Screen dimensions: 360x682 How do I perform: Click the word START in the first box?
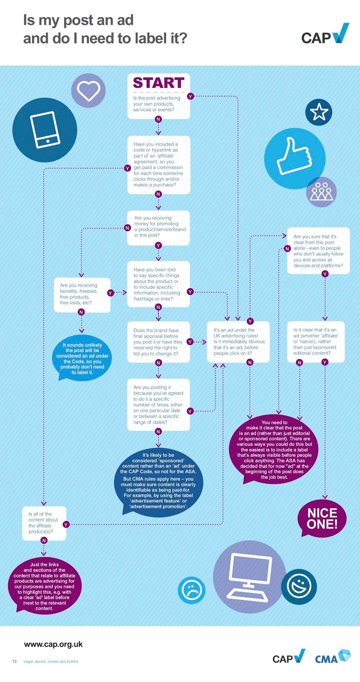tap(158, 83)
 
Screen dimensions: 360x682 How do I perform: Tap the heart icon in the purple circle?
tap(88, 90)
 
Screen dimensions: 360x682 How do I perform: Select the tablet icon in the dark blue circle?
tap(45, 130)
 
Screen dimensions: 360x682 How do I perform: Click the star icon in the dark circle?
tap(319, 112)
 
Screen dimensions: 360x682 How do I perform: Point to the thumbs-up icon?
tap(293, 157)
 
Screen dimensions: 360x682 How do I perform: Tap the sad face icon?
tap(192, 590)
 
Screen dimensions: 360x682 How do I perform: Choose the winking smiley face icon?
tap(299, 587)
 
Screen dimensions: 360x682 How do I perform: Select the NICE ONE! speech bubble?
tap(322, 518)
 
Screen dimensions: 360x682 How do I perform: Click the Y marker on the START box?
tap(190, 96)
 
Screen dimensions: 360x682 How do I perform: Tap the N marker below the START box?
tap(158, 119)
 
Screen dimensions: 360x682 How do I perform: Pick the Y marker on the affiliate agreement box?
tap(127, 168)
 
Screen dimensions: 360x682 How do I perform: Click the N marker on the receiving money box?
tap(127, 228)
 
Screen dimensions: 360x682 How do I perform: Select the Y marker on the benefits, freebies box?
tap(110, 293)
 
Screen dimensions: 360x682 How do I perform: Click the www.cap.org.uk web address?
tap(53, 644)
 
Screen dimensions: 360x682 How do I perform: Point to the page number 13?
tap(15, 661)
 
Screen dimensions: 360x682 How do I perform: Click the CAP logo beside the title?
tap(325, 34)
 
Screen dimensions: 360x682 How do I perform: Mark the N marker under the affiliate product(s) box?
tap(44, 540)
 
